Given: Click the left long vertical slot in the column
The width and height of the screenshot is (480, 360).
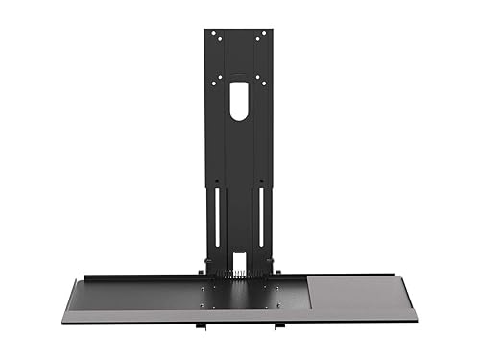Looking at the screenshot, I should pyautogui.click(x=219, y=216).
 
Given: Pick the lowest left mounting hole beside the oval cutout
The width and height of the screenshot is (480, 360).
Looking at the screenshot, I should pyautogui.click(x=220, y=78).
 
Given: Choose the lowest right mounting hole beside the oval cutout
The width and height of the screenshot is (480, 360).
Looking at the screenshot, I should pyautogui.click(x=258, y=78).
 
